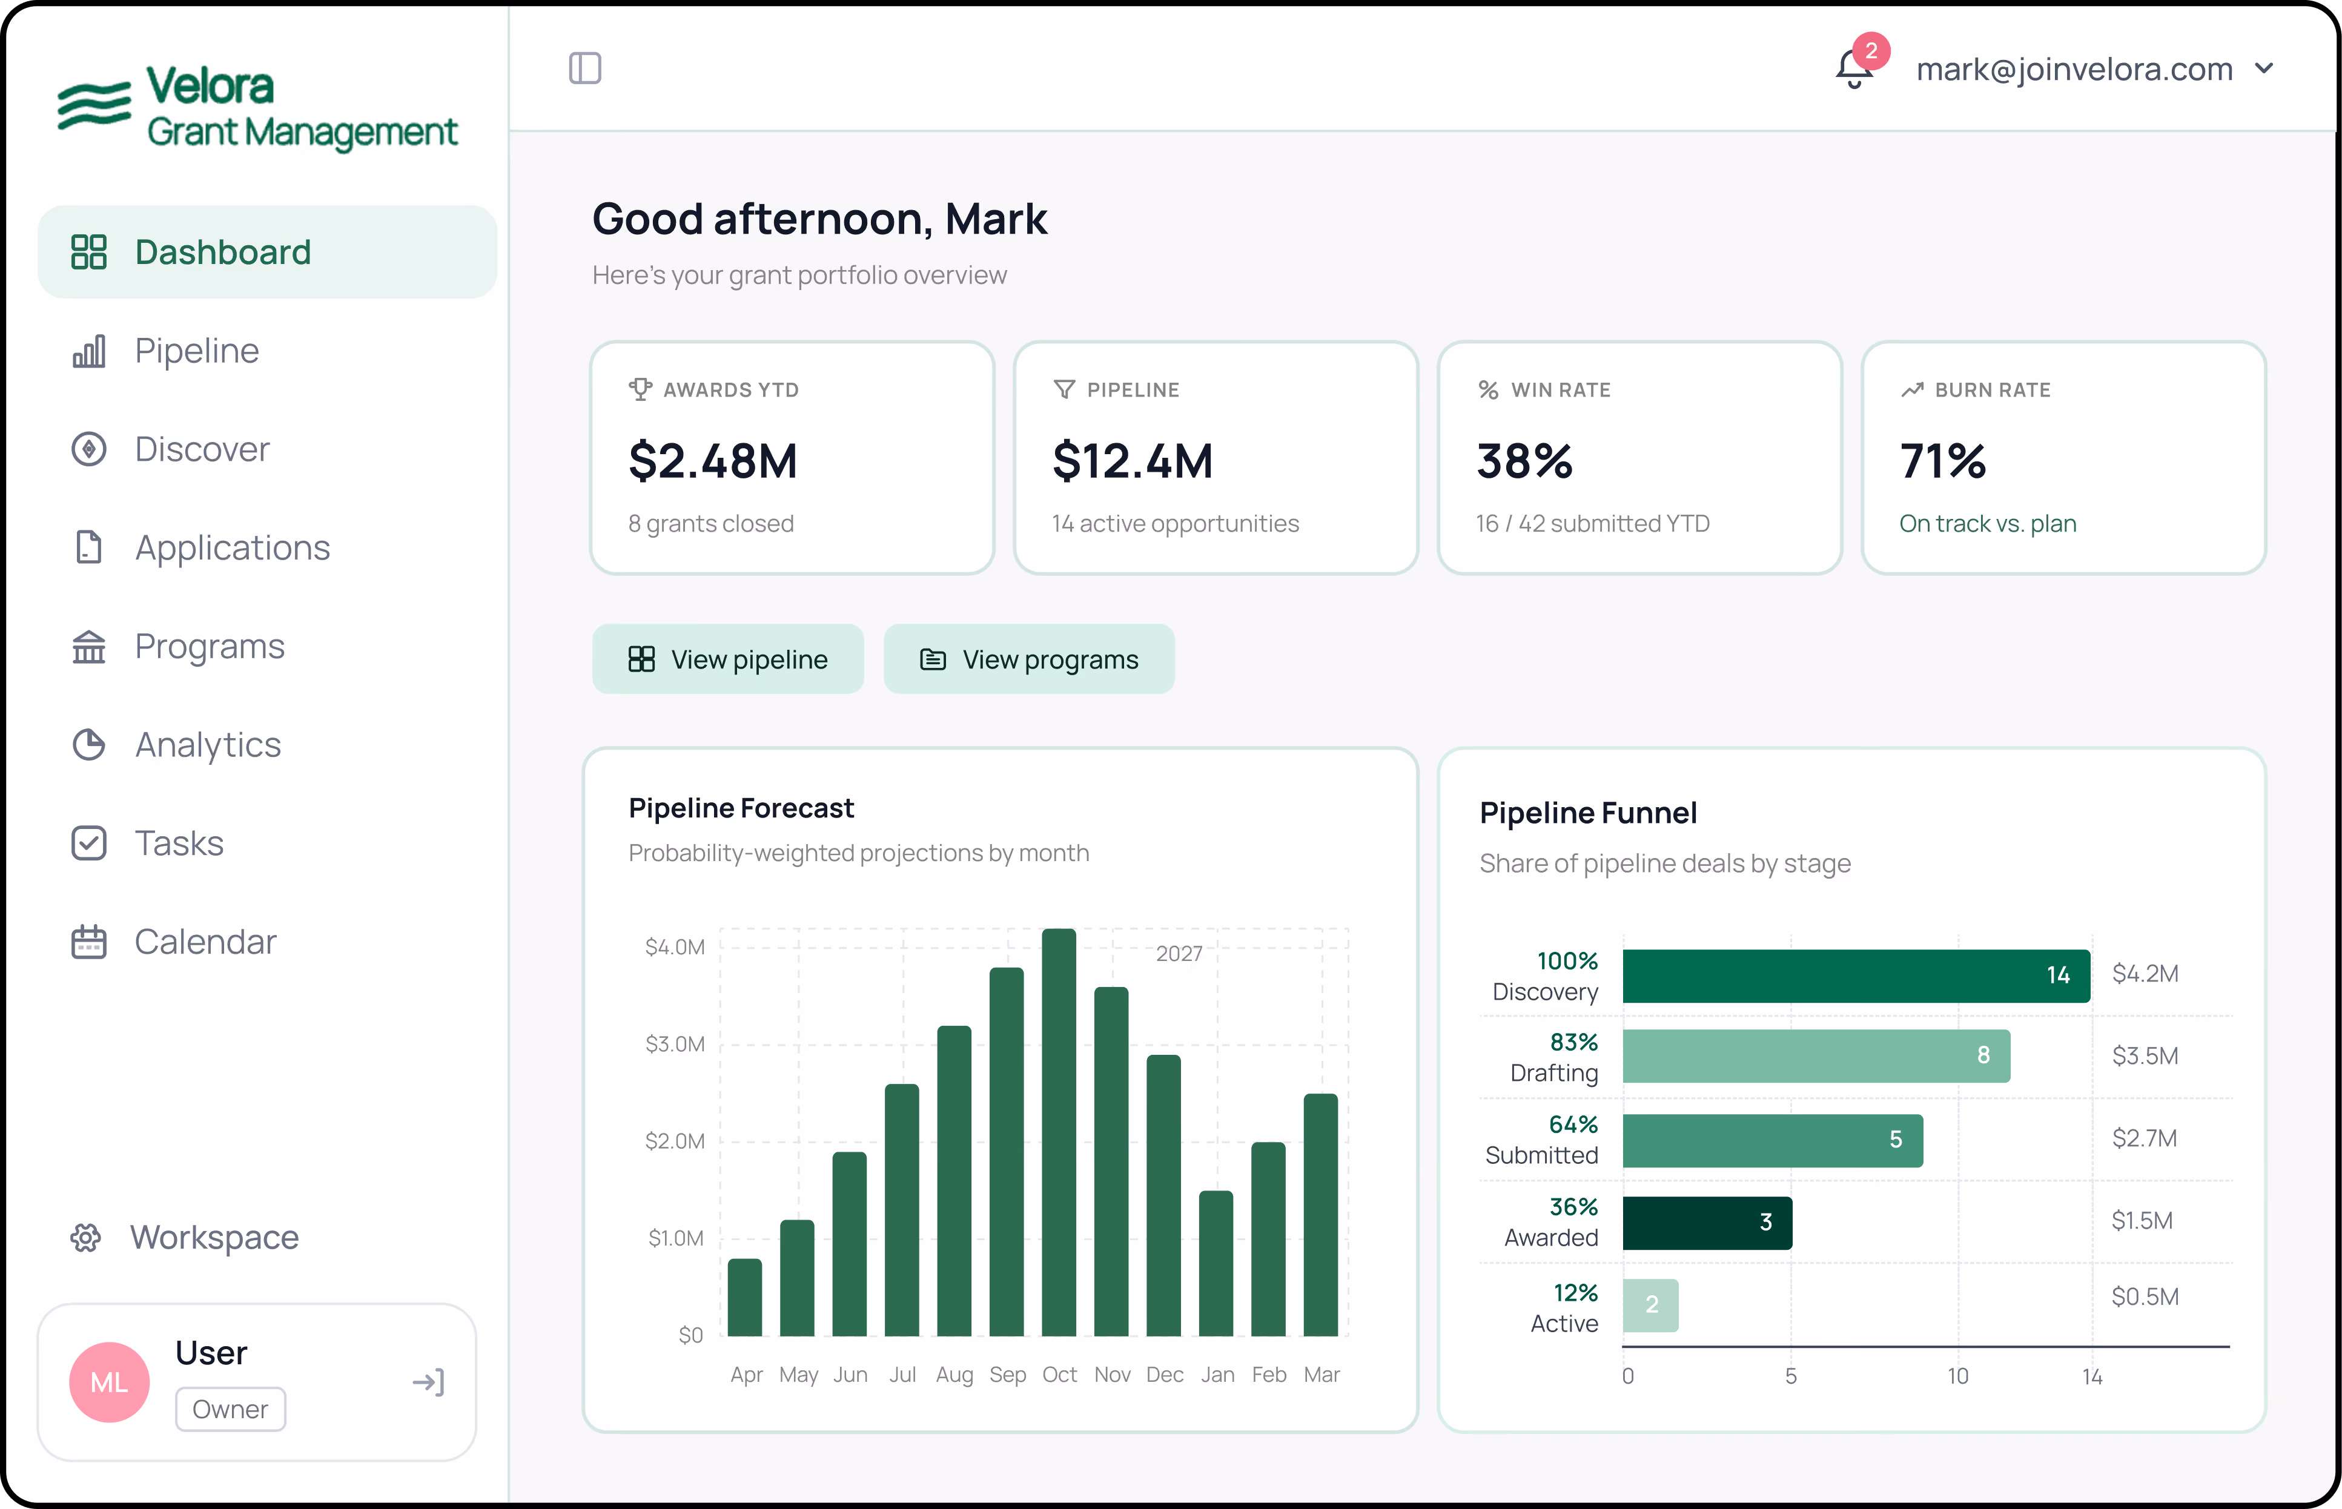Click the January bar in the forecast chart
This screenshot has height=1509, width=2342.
(x=1216, y=1263)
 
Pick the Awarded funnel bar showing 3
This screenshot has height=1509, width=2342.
(x=1707, y=1222)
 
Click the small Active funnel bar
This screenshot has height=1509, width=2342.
(x=1650, y=1305)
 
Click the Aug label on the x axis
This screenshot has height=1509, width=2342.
(x=954, y=1375)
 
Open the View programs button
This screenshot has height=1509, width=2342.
(x=1029, y=659)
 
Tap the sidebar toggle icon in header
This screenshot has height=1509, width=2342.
(x=585, y=68)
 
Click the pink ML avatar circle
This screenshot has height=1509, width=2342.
(x=110, y=1382)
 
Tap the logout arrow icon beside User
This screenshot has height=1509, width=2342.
(x=428, y=1382)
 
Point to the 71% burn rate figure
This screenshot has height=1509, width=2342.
(x=1942, y=461)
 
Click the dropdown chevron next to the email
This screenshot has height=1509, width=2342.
(x=2264, y=68)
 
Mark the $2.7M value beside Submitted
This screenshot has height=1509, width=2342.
(x=2144, y=1138)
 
